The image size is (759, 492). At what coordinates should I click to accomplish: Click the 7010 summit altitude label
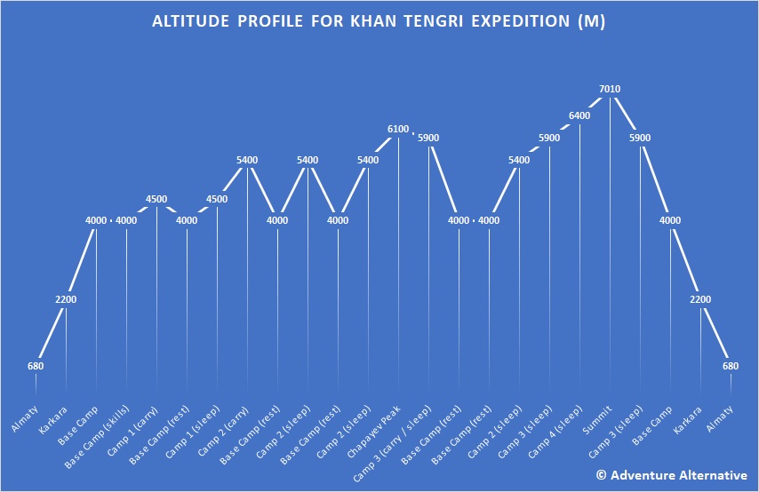(x=610, y=89)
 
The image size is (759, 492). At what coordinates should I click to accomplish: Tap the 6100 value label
(x=398, y=130)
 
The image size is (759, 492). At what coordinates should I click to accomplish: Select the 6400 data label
(x=579, y=116)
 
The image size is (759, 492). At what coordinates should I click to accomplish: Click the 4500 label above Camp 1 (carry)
(x=156, y=199)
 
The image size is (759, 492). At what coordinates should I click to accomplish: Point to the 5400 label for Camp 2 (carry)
(x=247, y=160)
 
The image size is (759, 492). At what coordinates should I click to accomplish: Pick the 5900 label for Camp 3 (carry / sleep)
(x=428, y=139)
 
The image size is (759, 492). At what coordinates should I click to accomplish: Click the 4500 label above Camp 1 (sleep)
(x=217, y=199)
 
